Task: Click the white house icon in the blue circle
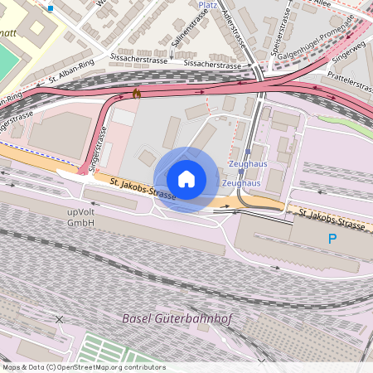coord(186,179)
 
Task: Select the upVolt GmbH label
coord(81,217)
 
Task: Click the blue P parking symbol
coord(332,239)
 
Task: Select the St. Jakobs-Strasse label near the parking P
coord(332,219)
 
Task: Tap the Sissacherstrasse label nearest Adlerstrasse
coord(212,64)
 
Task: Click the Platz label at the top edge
coord(208,4)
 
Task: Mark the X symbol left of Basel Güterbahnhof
coord(59,319)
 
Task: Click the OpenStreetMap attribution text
coord(83,366)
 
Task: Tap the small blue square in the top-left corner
coord(51,8)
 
